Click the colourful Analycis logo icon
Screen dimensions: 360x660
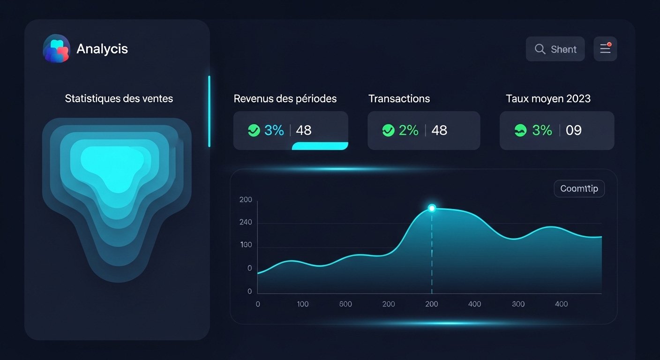point(56,48)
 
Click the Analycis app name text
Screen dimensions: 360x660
point(102,49)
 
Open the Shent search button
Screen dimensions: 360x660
point(555,49)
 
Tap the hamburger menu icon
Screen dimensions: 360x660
point(605,49)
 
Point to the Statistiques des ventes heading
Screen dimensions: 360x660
point(119,98)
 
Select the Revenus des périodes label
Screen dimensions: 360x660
point(285,98)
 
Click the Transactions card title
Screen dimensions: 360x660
point(399,98)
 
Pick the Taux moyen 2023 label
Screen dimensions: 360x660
point(548,98)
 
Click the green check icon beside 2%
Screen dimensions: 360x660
point(388,130)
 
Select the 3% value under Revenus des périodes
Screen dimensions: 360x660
point(274,130)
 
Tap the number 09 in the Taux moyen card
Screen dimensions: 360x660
point(574,130)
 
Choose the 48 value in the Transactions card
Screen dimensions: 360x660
point(439,130)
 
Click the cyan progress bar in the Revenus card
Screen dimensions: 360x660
point(320,146)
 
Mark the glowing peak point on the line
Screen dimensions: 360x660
point(432,208)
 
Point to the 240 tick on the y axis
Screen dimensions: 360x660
point(246,222)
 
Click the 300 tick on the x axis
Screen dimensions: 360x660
point(518,304)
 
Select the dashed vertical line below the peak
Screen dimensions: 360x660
point(432,253)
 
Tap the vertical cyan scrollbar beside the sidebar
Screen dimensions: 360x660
point(209,111)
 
